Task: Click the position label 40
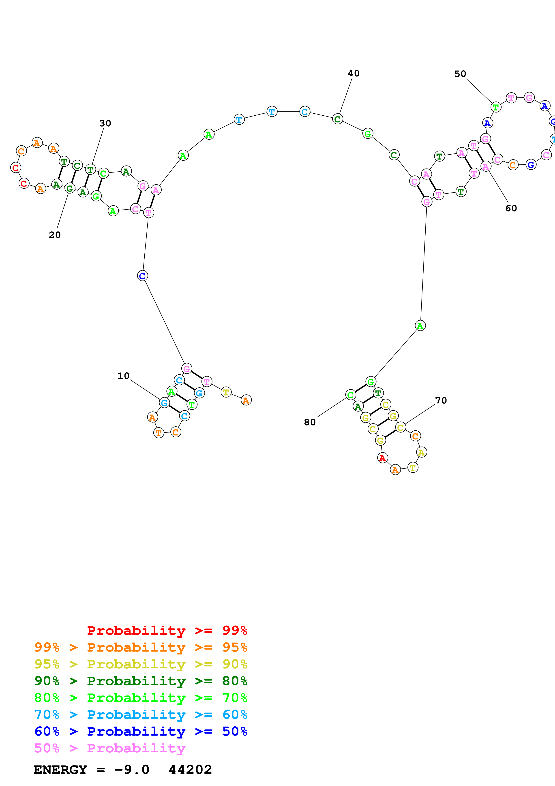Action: click(354, 73)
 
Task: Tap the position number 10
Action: click(123, 376)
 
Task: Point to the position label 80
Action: click(310, 422)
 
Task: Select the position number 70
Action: click(441, 401)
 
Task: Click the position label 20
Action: click(55, 235)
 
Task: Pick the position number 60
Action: click(511, 208)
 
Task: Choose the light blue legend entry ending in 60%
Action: click(141, 715)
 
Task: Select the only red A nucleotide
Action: click(382, 458)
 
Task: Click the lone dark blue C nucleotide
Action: click(142, 276)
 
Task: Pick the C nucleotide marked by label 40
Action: click(338, 119)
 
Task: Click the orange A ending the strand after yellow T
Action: click(246, 400)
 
